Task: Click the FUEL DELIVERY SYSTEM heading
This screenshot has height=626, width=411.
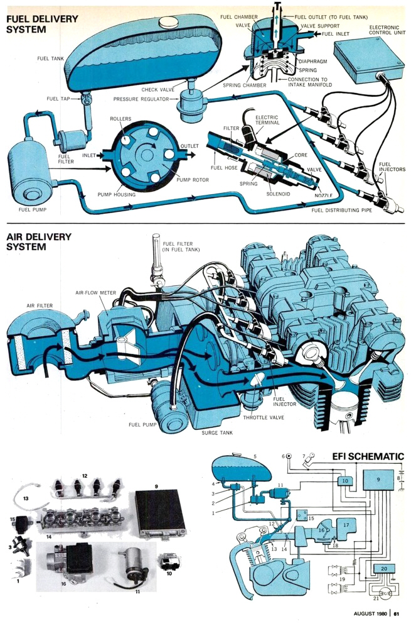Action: click(42, 24)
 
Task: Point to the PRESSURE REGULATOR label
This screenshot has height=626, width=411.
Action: click(141, 99)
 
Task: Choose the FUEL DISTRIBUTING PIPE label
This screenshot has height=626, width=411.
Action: click(342, 211)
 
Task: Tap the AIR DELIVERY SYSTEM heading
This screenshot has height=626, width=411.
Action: click(39, 241)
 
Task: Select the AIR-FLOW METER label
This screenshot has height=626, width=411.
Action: click(95, 294)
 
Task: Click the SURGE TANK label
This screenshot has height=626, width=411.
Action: click(216, 433)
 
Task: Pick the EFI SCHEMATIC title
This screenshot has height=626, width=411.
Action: click(368, 457)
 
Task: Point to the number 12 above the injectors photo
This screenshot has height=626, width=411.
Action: click(84, 476)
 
